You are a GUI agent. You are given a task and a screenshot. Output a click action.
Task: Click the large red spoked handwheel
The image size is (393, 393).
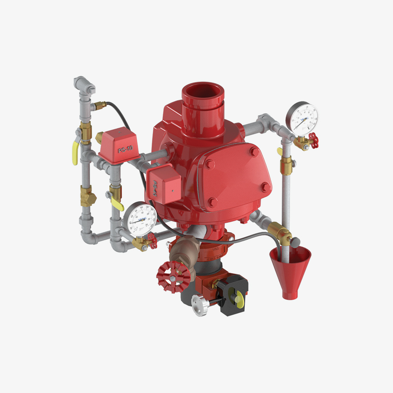tap(173, 275)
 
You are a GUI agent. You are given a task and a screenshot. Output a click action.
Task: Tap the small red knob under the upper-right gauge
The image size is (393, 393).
tap(313, 140)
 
